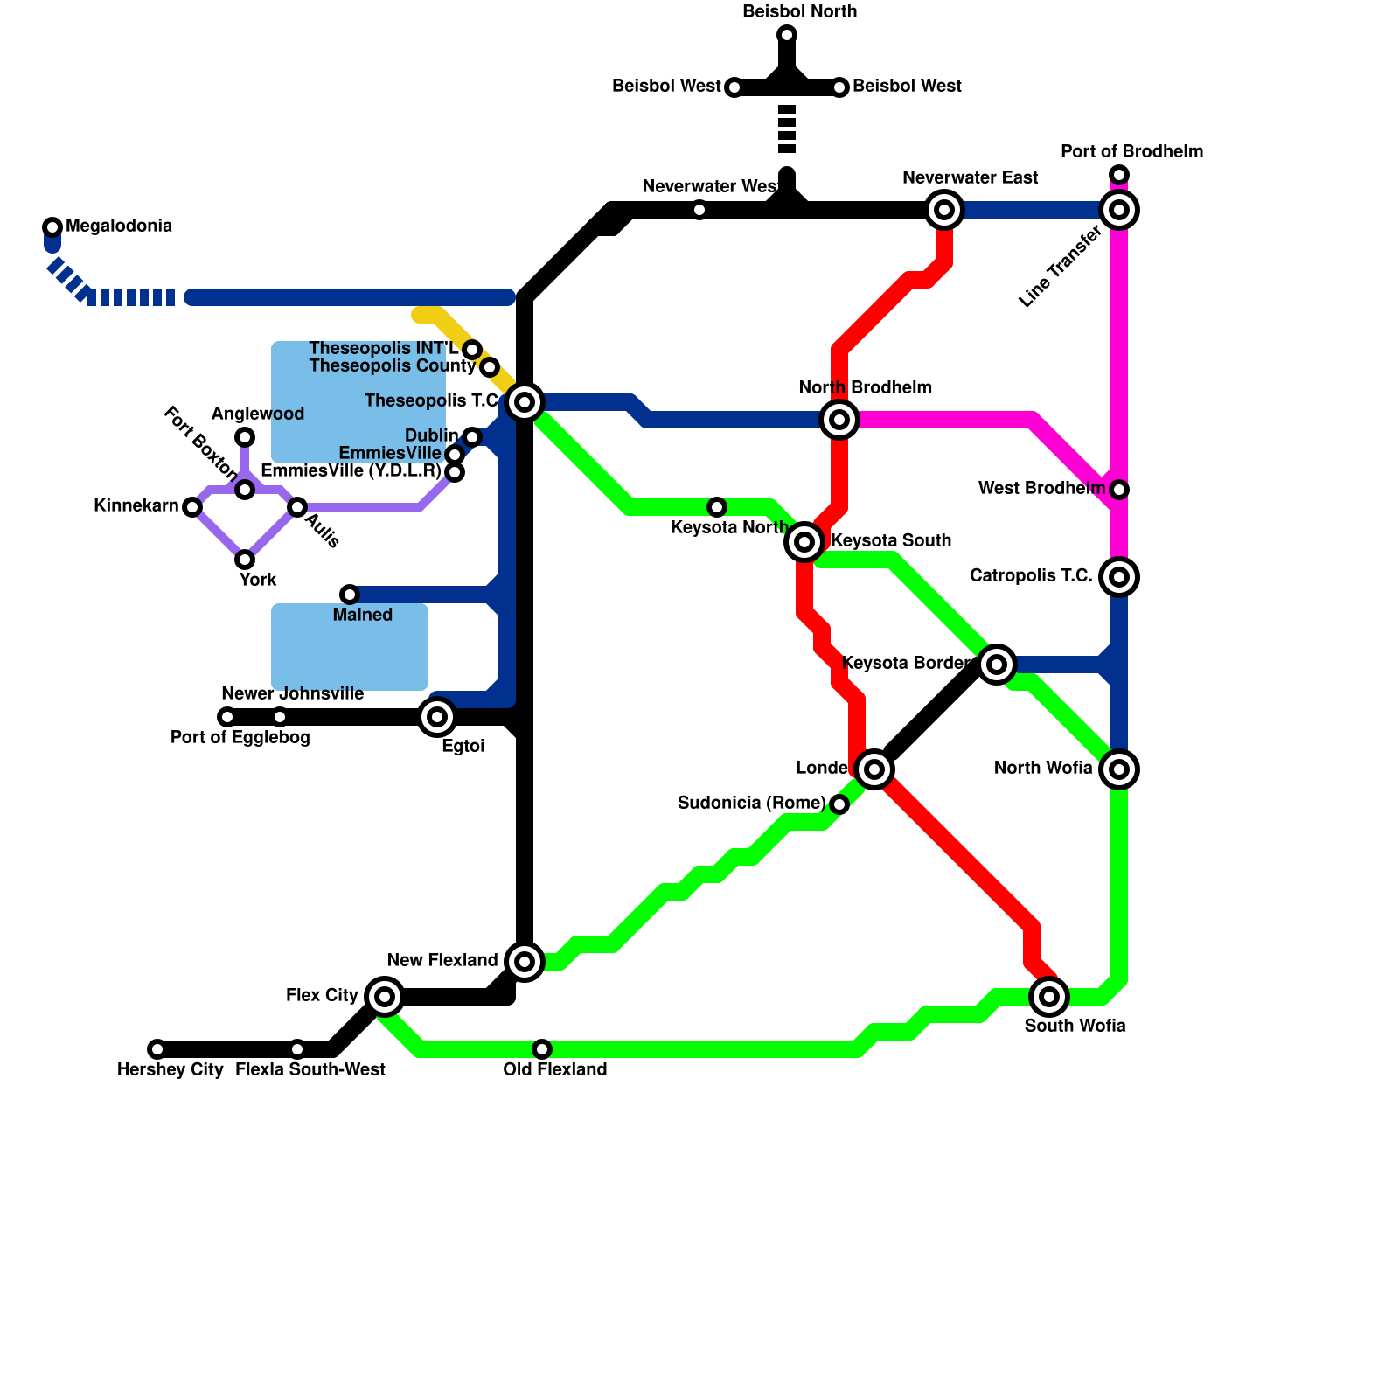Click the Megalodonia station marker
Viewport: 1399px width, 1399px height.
point(52,227)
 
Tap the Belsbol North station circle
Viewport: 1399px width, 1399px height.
point(787,35)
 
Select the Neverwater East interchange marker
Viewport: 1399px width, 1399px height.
point(944,210)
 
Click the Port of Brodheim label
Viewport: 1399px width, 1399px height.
point(1131,152)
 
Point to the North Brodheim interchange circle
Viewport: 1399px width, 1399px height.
point(839,420)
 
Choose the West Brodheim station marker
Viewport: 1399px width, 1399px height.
point(1119,490)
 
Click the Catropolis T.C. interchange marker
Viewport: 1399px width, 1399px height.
point(1119,577)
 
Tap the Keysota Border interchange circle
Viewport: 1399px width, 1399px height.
point(997,665)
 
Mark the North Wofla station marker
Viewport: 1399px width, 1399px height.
point(1119,769)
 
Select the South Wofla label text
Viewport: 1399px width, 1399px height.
point(1075,1027)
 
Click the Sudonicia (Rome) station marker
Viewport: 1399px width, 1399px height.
point(839,804)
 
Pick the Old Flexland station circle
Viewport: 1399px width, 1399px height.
point(542,1049)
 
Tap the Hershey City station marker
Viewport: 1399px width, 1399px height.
point(157,1049)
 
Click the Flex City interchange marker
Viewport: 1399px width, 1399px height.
point(385,997)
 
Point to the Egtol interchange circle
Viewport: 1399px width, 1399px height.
point(437,717)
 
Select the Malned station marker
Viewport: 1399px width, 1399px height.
point(350,595)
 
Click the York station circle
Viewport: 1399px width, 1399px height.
point(245,560)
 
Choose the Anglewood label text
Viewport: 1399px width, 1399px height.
point(257,414)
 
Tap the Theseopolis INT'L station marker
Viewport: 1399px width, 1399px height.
point(472,350)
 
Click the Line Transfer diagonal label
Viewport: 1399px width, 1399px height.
point(1060,268)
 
